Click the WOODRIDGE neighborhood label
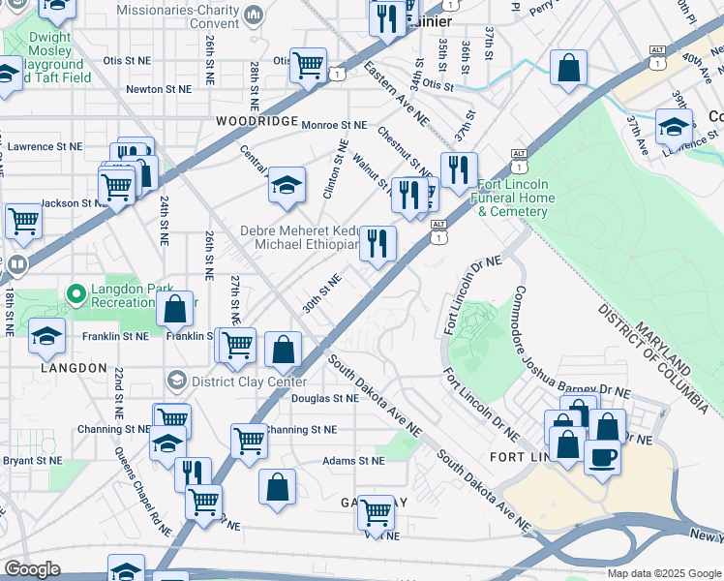(256, 120)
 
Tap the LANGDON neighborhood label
(74, 368)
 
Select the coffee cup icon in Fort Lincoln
(602, 456)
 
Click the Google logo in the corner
(31, 569)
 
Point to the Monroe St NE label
(334, 125)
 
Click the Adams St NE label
(353, 461)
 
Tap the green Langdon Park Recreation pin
(75, 291)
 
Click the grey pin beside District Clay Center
(176, 380)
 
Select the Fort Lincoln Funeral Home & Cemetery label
(516, 198)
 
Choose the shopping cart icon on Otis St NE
(308, 66)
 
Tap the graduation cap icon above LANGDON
(46, 336)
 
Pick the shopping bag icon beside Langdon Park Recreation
(174, 310)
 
